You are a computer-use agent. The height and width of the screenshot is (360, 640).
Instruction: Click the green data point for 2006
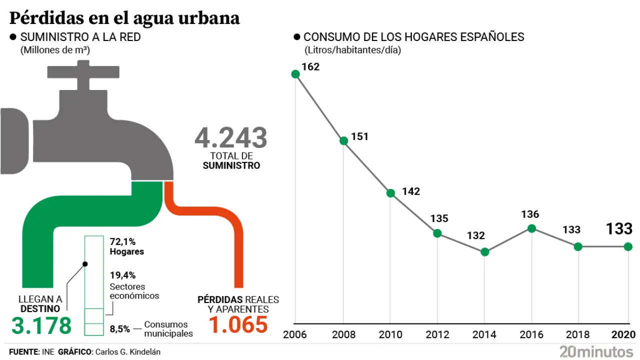295,74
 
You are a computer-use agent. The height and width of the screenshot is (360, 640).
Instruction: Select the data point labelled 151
343,140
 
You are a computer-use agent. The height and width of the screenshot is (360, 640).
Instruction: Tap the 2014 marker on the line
484,252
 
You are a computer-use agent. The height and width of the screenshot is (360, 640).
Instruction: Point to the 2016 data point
531,228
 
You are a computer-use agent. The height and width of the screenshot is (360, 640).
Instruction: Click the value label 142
411,191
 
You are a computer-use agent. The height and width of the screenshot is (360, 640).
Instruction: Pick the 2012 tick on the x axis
437,334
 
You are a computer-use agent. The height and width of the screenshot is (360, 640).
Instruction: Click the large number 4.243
230,138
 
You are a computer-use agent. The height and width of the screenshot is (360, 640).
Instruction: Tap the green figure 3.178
41,325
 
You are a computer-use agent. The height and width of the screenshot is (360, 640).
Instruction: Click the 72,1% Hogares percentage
122,241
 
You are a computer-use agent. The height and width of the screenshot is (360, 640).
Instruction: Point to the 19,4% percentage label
122,275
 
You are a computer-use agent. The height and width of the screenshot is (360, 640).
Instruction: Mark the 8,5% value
120,329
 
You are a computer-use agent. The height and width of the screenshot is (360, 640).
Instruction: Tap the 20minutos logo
596,351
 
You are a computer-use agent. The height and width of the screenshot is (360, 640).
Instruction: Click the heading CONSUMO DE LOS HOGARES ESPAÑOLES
413,37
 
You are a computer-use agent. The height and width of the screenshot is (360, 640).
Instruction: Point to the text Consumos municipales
168,329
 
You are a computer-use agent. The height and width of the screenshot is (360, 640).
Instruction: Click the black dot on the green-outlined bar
85,264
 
